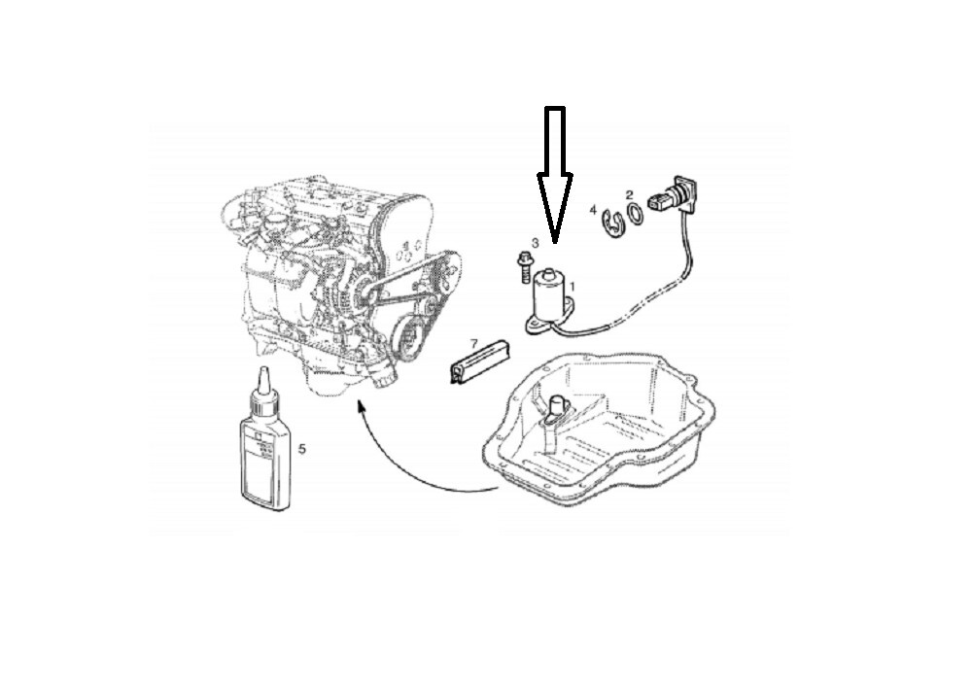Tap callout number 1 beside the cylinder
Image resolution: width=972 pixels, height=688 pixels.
(x=573, y=287)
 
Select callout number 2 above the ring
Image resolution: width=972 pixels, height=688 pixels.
(x=629, y=195)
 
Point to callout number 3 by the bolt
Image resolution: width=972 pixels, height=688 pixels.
(x=535, y=242)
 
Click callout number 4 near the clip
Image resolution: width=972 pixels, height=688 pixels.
(x=593, y=210)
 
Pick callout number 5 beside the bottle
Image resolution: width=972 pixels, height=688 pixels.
(x=302, y=449)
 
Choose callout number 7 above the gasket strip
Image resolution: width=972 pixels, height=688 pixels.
(x=473, y=344)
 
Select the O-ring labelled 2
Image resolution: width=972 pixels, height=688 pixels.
(x=633, y=214)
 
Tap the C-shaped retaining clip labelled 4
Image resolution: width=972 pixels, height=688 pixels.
(x=611, y=223)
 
